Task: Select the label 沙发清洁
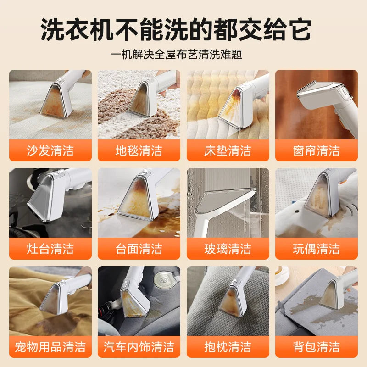coord(50,150)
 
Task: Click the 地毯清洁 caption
coord(139,150)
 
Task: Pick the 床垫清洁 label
coord(228,150)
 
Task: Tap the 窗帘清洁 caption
coord(317,150)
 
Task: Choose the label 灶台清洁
coord(50,249)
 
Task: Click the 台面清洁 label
coord(139,249)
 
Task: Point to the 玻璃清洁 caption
coord(228,249)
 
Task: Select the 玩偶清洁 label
coord(317,249)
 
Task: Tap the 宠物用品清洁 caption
coord(50,346)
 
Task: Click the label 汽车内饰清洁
coord(139,346)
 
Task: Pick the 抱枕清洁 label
coord(228,346)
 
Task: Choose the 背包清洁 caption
coord(317,346)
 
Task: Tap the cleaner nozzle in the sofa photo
coord(56,97)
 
